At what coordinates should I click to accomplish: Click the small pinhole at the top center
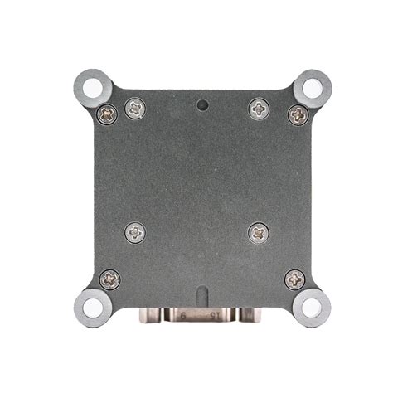point(201,105)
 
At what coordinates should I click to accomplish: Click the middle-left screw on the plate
point(135,233)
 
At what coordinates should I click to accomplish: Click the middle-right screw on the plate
point(260,233)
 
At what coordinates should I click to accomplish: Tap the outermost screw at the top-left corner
point(108,114)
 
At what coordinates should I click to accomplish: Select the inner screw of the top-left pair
point(135,107)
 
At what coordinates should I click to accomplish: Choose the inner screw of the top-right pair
point(260,107)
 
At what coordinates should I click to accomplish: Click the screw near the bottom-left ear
point(109,279)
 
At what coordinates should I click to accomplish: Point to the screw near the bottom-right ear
point(294,279)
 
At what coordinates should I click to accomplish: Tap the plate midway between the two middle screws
point(197,233)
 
